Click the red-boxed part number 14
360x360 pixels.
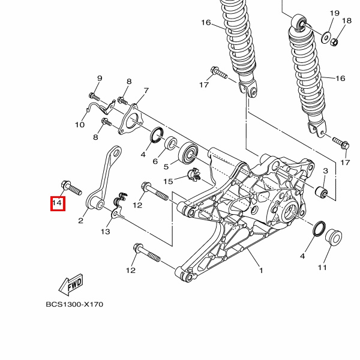[x=57, y=204]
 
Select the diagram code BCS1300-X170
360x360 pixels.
[x=74, y=304]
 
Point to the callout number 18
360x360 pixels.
[x=346, y=22]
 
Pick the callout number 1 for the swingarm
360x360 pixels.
[x=261, y=271]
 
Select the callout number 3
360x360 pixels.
[x=325, y=171]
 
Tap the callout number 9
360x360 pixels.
[x=100, y=79]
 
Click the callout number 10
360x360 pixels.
[x=80, y=125]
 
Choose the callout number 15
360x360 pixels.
[x=169, y=181]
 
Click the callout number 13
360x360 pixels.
[x=105, y=231]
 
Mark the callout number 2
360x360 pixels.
[x=80, y=221]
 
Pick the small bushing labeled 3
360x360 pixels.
[x=322, y=193]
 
